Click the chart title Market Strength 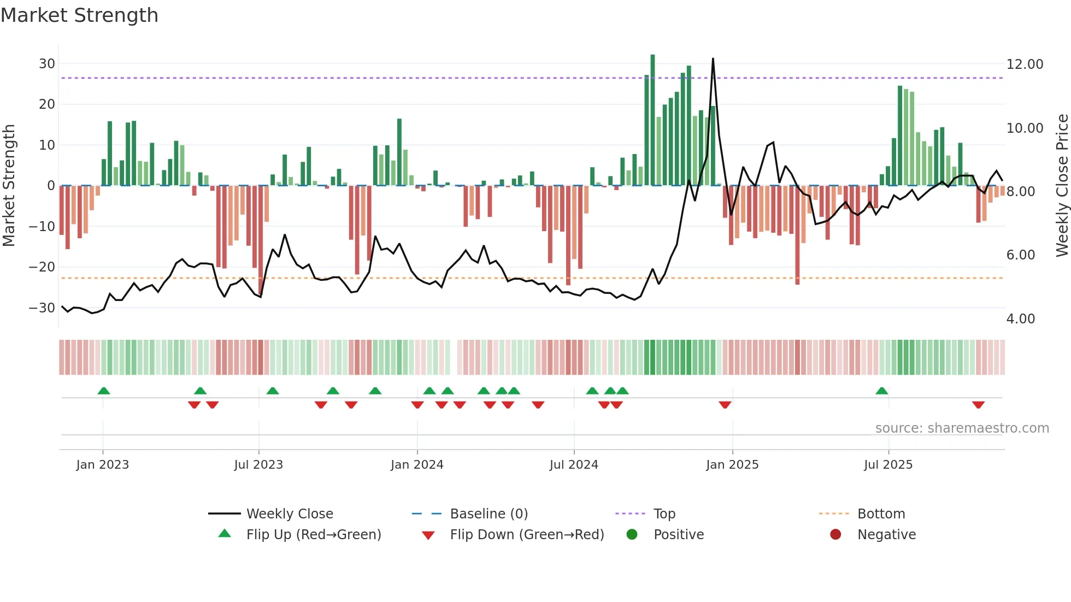point(79,15)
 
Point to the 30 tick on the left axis point(47,64)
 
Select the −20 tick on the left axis point(42,267)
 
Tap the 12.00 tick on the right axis point(1025,64)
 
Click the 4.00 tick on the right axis point(1020,319)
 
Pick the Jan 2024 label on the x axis point(417,465)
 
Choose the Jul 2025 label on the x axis point(888,465)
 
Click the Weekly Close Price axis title point(1062,186)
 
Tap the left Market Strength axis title point(9,186)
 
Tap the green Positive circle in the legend point(632,535)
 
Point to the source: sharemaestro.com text point(962,428)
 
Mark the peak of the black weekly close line point(713,58)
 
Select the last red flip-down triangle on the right point(978,405)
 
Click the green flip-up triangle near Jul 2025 point(881,391)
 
